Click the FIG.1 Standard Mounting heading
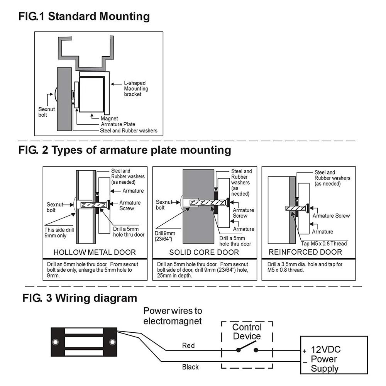point(84,17)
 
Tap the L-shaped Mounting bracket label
point(136,88)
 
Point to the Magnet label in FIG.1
point(109,119)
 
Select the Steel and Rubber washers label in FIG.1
point(129,130)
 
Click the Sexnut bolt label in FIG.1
point(46,112)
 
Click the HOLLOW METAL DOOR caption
point(95,252)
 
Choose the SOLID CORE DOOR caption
point(204,252)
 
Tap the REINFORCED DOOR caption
point(305,252)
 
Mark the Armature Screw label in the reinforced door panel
point(331,216)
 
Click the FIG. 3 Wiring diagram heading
point(80,298)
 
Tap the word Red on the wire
point(188,345)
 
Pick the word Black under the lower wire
point(190,367)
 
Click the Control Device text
point(247,332)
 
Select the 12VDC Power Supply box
point(334,355)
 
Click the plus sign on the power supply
point(304,351)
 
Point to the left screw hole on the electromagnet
point(56,342)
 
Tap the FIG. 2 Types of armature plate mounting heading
point(125,150)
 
